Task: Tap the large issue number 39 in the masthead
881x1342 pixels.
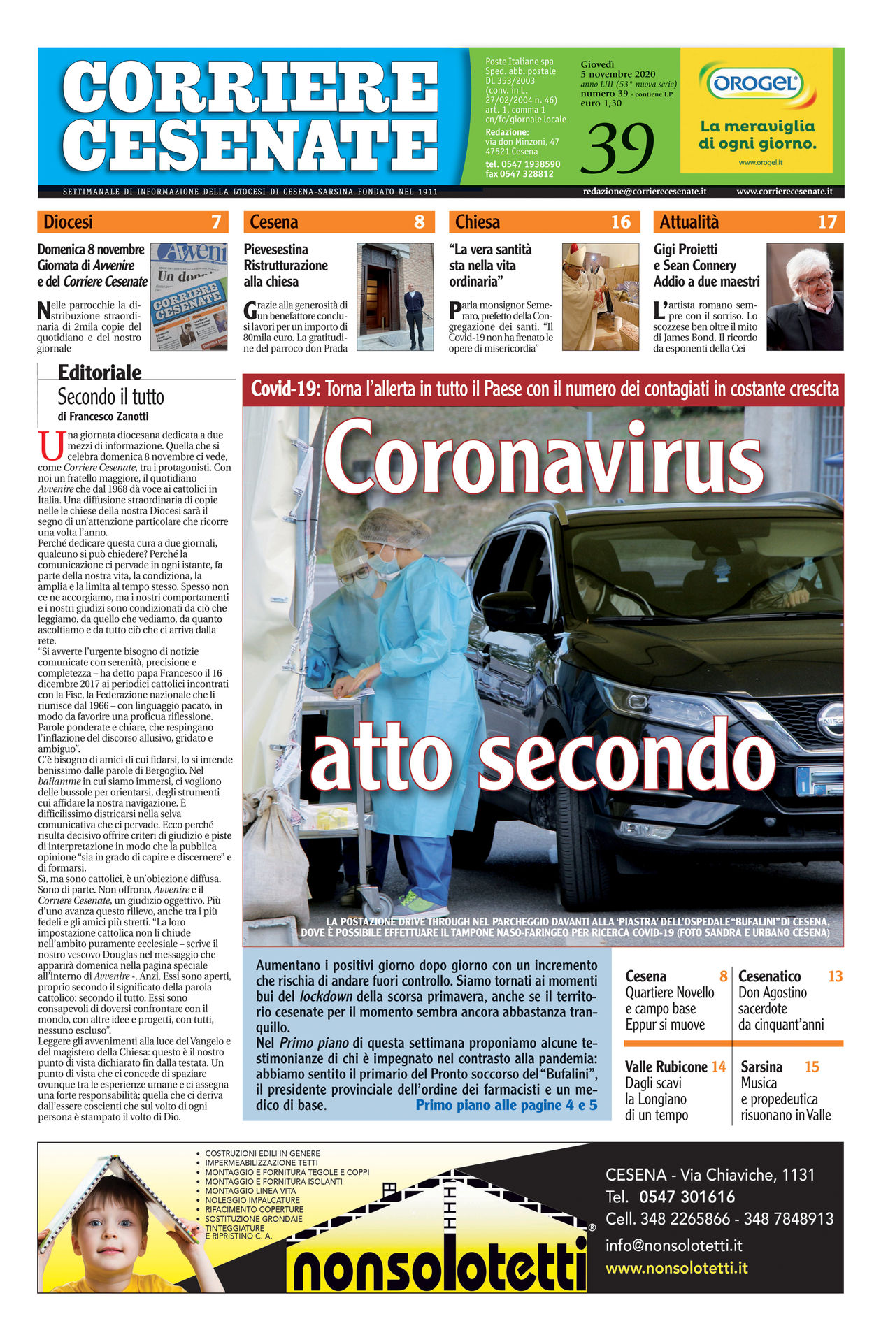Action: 621,148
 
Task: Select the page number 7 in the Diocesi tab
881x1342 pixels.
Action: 216,222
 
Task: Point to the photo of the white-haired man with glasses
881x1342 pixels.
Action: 805,296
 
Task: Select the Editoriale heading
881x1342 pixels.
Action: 99,372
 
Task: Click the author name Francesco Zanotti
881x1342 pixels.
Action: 109,417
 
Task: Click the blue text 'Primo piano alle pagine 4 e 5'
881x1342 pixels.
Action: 506,1105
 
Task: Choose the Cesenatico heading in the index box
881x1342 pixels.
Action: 769,976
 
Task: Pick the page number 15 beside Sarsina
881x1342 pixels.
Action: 812,1067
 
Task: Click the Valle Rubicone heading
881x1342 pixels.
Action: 666,1067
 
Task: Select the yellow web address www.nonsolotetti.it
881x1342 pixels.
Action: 676,1268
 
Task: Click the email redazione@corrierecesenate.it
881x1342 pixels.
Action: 645,192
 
